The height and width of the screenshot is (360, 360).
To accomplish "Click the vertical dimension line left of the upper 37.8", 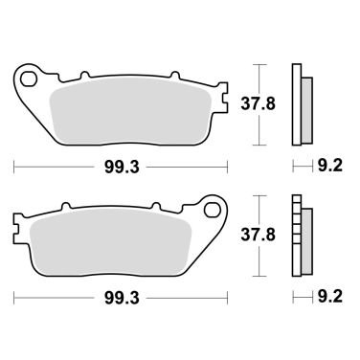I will click(x=255, y=104).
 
